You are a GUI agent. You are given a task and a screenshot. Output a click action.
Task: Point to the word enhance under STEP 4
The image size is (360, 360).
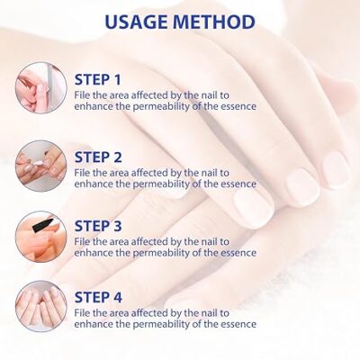point(94,324)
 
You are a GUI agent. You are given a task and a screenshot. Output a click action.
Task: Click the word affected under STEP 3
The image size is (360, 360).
point(148,239)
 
